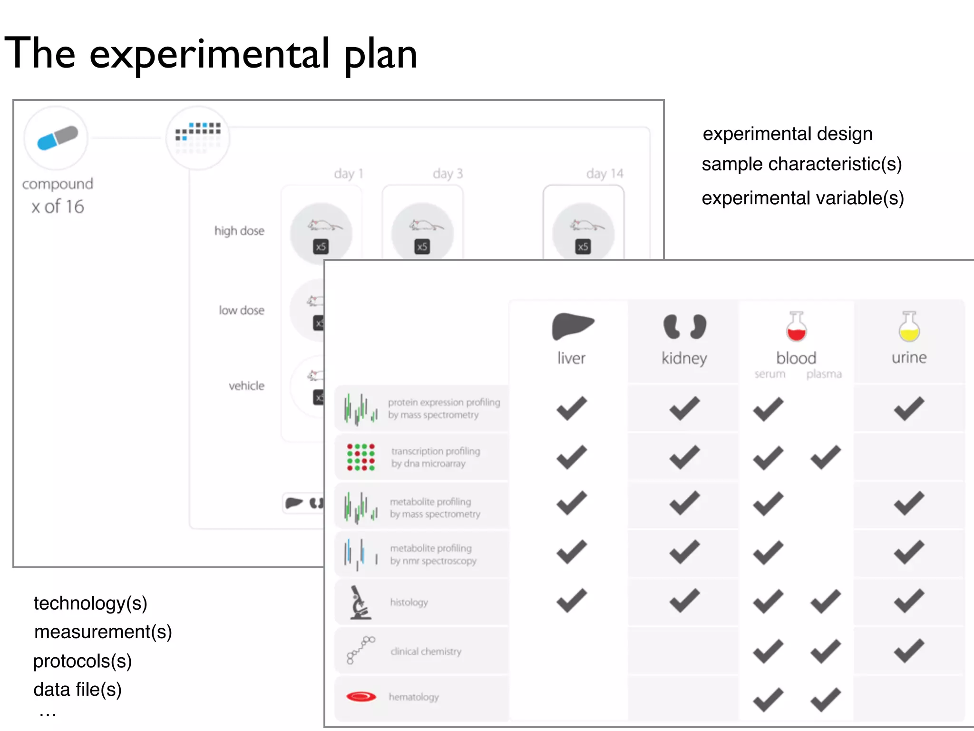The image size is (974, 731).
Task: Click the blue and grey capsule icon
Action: click(x=57, y=138)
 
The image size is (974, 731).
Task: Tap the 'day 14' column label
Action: click(x=604, y=174)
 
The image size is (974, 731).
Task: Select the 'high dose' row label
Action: click(x=239, y=231)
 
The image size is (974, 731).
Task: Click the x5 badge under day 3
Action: click(x=422, y=247)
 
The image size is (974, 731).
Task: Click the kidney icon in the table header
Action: click(x=684, y=326)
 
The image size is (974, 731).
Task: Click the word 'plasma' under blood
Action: click(x=824, y=374)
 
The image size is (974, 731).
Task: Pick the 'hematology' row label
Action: click(x=414, y=697)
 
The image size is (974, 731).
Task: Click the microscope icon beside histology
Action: click(x=360, y=603)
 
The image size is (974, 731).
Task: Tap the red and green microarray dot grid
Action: click(x=360, y=457)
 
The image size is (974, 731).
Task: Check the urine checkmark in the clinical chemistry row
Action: click(x=909, y=651)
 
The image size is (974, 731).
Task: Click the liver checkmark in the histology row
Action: click(x=572, y=601)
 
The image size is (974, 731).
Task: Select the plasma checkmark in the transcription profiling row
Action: click(x=825, y=457)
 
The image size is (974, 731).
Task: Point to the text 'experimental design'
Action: click(x=788, y=134)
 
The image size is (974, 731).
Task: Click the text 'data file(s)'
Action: click(x=78, y=690)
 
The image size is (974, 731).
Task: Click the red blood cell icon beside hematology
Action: click(x=361, y=697)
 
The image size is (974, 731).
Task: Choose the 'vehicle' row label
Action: click(x=246, y=386)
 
